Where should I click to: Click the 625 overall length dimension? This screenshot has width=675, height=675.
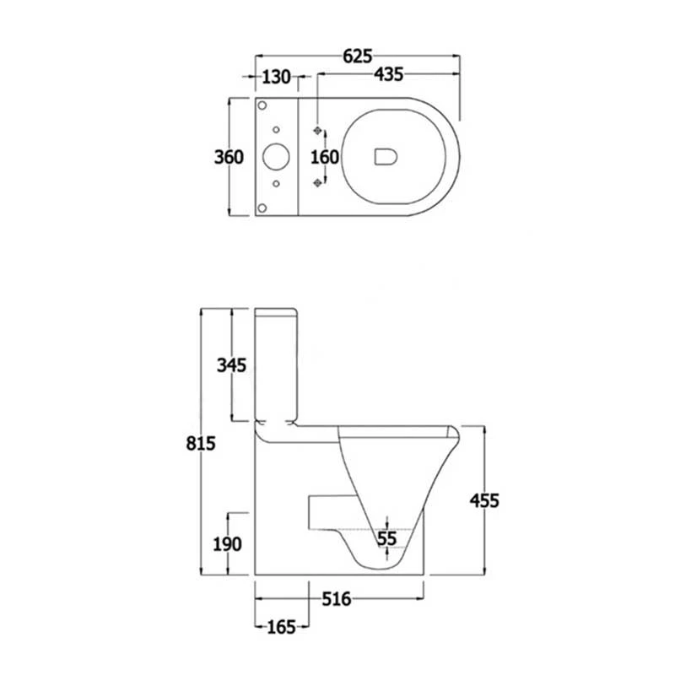tap(358, 57)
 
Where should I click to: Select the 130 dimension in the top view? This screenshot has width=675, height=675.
tap(275, 78)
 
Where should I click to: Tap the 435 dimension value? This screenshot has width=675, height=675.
tap(388, 78)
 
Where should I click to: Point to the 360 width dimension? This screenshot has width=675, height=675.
tap(229, 156)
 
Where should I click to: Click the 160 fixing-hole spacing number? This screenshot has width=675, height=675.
tap(325, 157)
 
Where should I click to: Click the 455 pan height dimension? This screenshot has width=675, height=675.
tap(484, 500)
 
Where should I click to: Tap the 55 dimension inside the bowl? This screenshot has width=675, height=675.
tap(386, 537)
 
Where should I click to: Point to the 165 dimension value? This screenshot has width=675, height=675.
tap(281, 627)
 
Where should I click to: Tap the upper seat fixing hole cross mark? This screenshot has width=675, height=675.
tap(318, 131)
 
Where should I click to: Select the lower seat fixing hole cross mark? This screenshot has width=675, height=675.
tap(318, 182)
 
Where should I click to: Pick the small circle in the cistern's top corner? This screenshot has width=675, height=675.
tap(262, 105)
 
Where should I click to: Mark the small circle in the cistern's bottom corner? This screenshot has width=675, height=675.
tap(262, 207)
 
